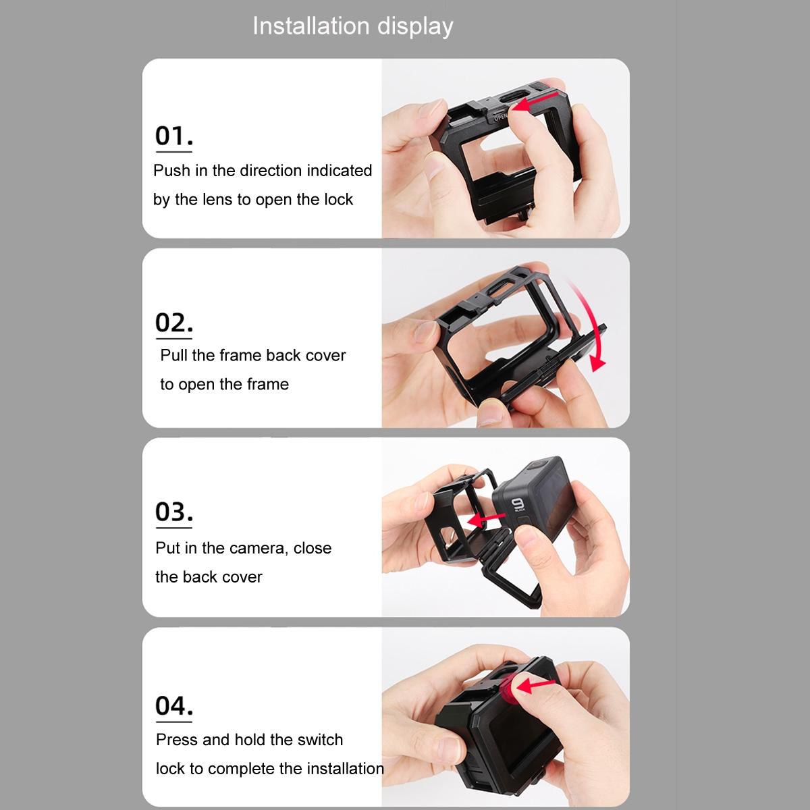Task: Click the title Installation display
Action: tap(352, 26)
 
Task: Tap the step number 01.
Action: tap(173, 136)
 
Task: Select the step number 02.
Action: tap(173, 323)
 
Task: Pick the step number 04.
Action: tap(173, 705)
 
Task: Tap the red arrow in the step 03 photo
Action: tap(487, 520)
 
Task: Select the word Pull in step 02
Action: tap(174, 356)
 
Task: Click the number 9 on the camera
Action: tap(518, 506)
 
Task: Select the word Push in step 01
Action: tap(171, 171)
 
